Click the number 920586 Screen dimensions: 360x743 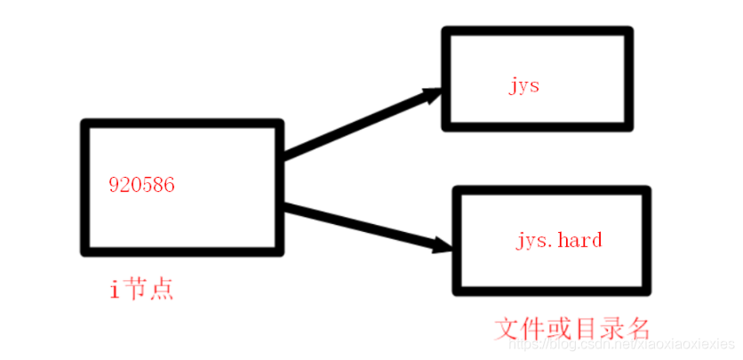141,185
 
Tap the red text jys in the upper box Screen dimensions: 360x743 524,86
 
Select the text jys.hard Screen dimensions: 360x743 559,240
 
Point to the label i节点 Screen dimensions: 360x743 141,289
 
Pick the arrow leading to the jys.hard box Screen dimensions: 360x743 364,226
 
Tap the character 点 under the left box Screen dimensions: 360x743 162,289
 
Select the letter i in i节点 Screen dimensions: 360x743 114,289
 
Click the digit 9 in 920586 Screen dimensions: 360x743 114,185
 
